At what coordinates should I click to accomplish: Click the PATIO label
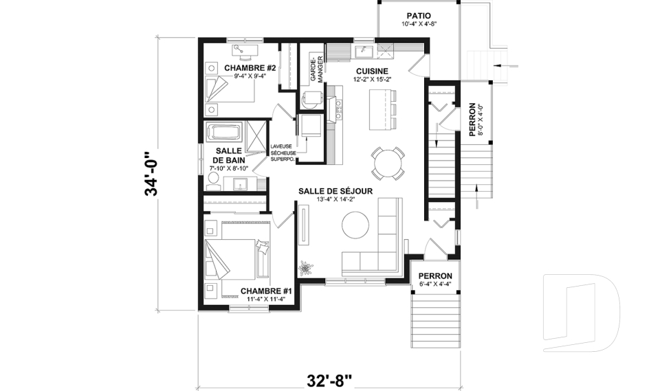[x=419, y=14]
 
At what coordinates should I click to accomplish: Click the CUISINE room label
[x=372, y=71]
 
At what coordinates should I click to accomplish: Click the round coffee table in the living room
[x=356, y=225]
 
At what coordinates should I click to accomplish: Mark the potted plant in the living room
[x=305, y=266]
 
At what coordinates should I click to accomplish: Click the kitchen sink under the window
[x=364, y=52]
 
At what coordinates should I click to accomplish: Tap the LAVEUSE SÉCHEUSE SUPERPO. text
[x=283, y=152]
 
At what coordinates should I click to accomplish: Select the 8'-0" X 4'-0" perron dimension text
[x=481, y=120]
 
